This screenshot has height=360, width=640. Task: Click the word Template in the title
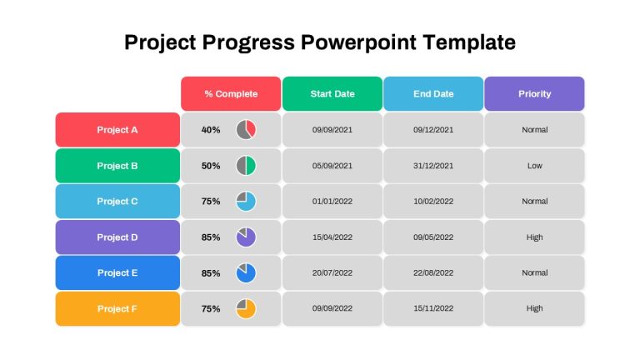point(469,42)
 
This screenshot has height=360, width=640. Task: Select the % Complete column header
point(231,93)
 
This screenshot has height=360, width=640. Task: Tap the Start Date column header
point(332,93)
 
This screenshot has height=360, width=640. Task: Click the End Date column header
point(433,93)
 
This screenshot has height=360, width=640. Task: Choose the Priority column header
point(535,93)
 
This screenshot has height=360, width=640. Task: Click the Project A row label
point(117,130)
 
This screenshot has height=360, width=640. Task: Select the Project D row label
point(117,237)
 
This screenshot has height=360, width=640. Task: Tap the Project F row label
point(117,308)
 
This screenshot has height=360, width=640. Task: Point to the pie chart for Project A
point(246,130)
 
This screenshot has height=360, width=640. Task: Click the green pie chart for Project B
point(246,166)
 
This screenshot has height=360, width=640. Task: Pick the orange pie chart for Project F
point(246,308)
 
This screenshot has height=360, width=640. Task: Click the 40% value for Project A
point(211,130)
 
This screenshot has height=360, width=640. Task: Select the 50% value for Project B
point(211,166)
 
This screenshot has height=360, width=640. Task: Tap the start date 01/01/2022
point(332,201)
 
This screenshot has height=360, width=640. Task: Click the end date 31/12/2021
point(433,166)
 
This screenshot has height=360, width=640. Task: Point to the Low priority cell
point(535,166)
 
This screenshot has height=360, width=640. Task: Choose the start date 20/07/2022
point(332,272)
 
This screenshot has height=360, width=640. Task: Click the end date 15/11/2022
point(433,308)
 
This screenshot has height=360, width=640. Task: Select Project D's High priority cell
point(535,237)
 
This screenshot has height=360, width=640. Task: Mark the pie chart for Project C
point(246,201)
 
